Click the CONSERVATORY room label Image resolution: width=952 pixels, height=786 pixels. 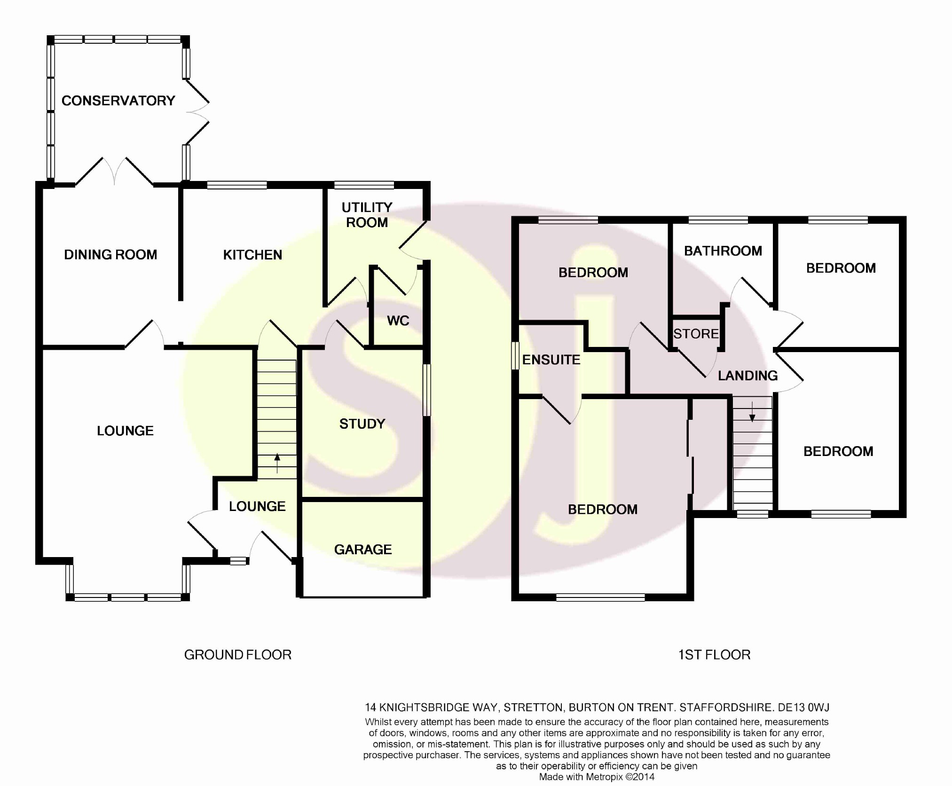click(118, 101)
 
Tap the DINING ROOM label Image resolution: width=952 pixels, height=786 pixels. click(110, 255)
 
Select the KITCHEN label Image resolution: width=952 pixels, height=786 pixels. click(252, 255)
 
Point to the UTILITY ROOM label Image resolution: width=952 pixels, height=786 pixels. click(367, 215)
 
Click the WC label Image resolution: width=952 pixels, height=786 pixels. click(398, 321)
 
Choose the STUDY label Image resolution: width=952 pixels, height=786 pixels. click(362, 424)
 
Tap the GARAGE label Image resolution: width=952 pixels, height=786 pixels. click(362, 550)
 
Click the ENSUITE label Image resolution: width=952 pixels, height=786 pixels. click(551, 360)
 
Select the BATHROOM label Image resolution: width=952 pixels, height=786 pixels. click(723, 251)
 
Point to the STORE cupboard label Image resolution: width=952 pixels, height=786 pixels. click(696, 334)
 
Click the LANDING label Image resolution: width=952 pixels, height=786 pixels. click(747, 376)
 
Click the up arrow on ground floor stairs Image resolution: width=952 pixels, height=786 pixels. click(277, 463)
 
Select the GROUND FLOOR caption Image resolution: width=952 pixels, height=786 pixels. click(237, 655)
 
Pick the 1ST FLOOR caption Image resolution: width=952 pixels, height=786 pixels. click(714, 655)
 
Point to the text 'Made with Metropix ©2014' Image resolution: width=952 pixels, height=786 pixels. click(597, 777)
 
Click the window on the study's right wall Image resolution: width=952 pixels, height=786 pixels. click(426, 390)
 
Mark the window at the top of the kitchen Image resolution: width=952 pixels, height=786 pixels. click(237, 185)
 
